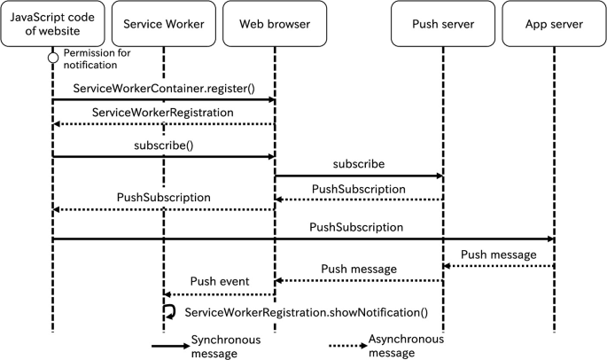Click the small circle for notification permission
[x=52, y=59]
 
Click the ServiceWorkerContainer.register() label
[x=163, y=88]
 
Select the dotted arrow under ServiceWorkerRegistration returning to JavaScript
[x=163, y=125]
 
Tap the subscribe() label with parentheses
[x=163, y=145]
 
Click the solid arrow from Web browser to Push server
[x=358, y=176]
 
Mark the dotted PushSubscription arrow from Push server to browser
[x=358, y=200]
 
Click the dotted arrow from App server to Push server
[x=498, y=265]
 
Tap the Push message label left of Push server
[x=358, y=267]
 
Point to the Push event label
[x=219, y=282]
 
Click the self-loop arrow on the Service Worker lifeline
[x=169, y=311]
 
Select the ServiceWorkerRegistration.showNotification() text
[x=306, y=312]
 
